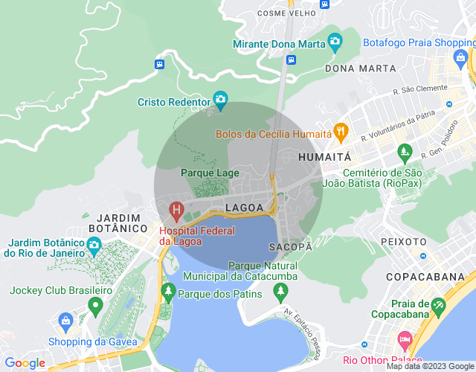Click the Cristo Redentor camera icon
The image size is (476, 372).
coord(220,99)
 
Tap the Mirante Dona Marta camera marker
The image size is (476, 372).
coord(335,40)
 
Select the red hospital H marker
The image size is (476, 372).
coord(176,211)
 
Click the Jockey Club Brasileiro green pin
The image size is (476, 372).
coord(94,305)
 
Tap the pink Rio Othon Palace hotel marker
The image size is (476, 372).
coord(405,339)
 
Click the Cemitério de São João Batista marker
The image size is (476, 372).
coord(405,153)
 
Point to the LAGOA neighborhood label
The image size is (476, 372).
coord(244,206)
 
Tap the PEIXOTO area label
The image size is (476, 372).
coord(403,242)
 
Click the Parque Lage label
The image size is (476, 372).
coord(210,173)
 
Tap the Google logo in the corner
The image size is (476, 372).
coord(25,362)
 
